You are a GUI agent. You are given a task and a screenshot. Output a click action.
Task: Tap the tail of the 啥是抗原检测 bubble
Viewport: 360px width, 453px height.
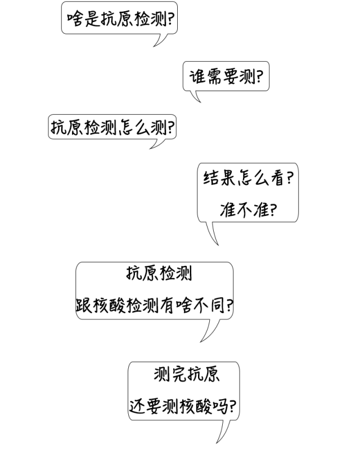point(160,40)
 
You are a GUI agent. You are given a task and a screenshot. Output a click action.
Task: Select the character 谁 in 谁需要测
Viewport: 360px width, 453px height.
point(197,76)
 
